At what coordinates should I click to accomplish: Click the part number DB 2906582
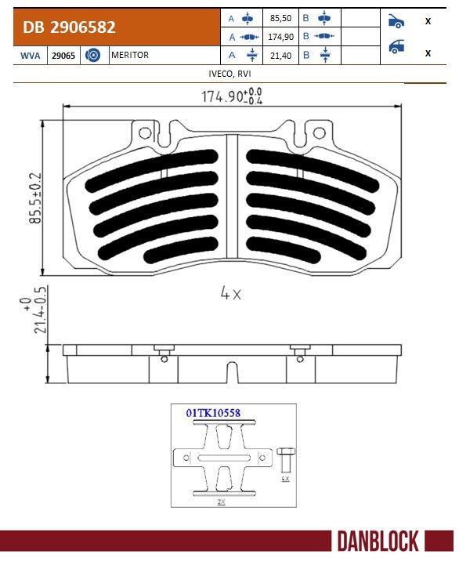(69, 27)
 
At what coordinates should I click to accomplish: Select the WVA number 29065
(63, 56)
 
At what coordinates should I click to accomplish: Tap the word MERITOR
(129, 55)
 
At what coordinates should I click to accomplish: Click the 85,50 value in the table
(280, 18)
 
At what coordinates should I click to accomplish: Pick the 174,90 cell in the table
(280, 37)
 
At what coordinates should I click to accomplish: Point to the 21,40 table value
(280, 56)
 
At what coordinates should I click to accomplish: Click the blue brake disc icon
(92, 55)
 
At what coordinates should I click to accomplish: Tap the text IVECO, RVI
(229, 74)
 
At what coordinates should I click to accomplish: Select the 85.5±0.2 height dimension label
(35, 198)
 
